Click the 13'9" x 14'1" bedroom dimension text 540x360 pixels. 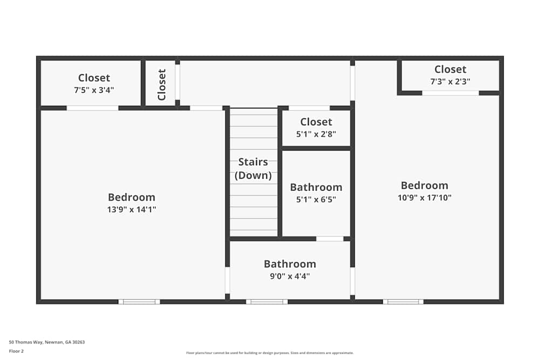pyautogui.click(x=132, y=209)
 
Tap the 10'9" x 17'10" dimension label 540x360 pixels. pyautogui.click(x=424, y=198)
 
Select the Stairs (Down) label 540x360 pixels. pyautogui.click(x=253, y=168)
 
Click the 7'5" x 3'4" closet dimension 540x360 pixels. pyautogui.click(x=93, y=90)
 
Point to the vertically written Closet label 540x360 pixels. pyautogui.click(x=161, y=85)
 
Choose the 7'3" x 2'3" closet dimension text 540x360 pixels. pyautogui.click(x=450, y=81)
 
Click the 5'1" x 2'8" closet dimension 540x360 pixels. pyautogui.click(x=316, y=134)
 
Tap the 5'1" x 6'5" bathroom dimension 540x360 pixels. pyautogui.click(x=316, y=199)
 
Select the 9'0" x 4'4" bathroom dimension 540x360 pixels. pyautogui.click(x=289, y=276)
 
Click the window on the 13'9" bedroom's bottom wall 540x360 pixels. pyautogui.click(x=139, y=302)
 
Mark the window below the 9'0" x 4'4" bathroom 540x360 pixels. pyautogui.click(x=267, y=302)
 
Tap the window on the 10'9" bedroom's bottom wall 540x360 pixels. pyautogui.click(x=403, y=302)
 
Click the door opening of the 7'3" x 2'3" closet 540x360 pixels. pyautogui.click(x=450, y=93)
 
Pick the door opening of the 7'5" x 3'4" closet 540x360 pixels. pyautogui.click(x=92, y=108)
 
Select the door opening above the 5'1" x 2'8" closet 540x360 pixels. pyautogui.click(x=309, y=108)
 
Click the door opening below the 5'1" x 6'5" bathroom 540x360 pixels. pyautogui.click(x=330, y=239)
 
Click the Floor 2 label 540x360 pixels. pyautogui.click(x=16, y=351)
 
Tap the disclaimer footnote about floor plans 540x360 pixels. pyautogui.click(x=270, y=353)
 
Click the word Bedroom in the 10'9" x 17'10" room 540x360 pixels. pyautogui.click(x=424, y=186)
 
